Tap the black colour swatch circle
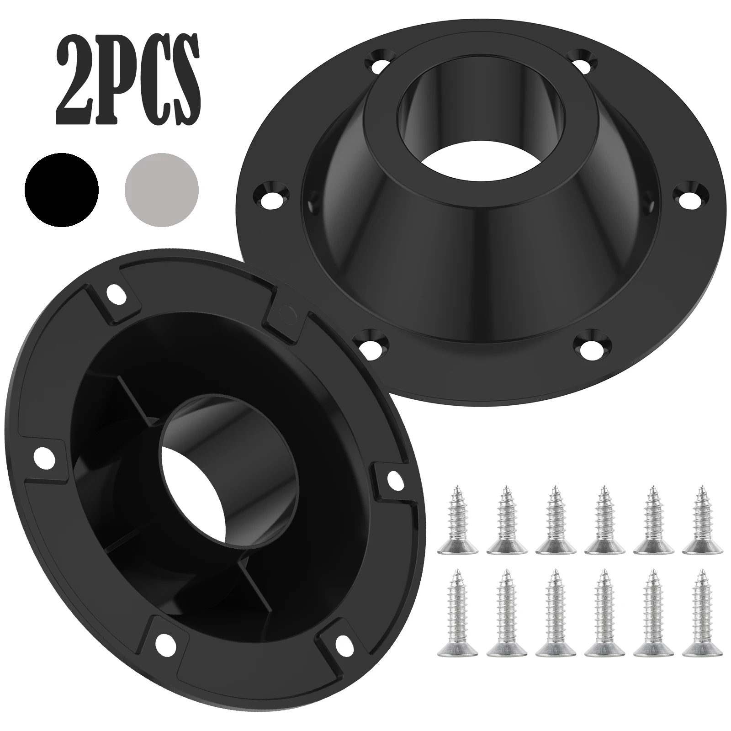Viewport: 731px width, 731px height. tap(62, 190)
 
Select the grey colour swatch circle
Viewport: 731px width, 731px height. tap(162, 190)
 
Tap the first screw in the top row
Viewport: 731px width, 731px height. tap(457, 521)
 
